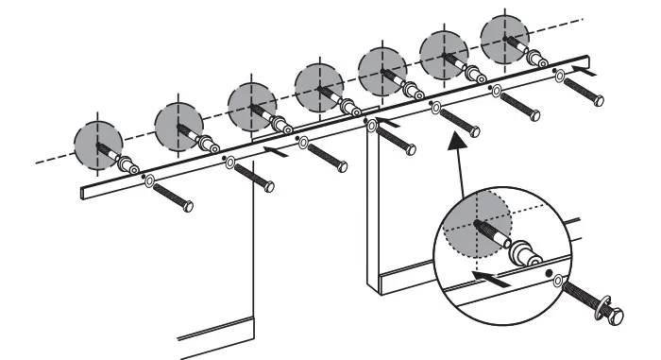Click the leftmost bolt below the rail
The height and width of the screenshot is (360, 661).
pos(171,195)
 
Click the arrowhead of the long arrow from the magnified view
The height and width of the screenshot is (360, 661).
pos(460,138)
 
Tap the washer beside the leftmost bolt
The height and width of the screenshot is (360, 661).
pos(148,180)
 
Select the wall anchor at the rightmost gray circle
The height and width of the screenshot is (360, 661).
pos(534,57)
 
